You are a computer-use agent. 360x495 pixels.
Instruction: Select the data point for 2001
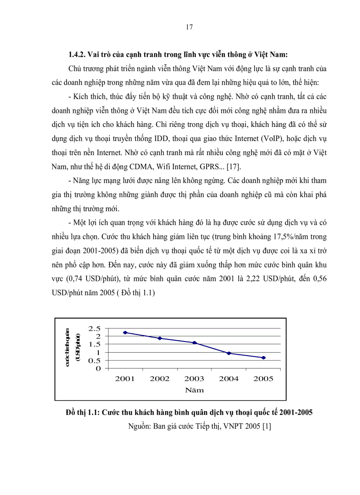click(125, 332)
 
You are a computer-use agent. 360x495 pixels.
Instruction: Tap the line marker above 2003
click(195, 342)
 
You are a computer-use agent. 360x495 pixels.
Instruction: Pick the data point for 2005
click(263, 357)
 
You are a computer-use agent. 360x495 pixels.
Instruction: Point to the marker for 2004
click(229, 353)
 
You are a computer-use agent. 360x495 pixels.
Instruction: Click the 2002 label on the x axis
click(160, 378)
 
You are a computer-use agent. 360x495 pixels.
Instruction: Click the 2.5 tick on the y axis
click(94, 328)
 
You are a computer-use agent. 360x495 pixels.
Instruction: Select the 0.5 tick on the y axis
click(94, 361)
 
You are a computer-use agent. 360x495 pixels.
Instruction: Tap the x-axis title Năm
click(194, 390)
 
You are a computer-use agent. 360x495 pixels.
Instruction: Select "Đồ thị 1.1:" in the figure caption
click(82, 413)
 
